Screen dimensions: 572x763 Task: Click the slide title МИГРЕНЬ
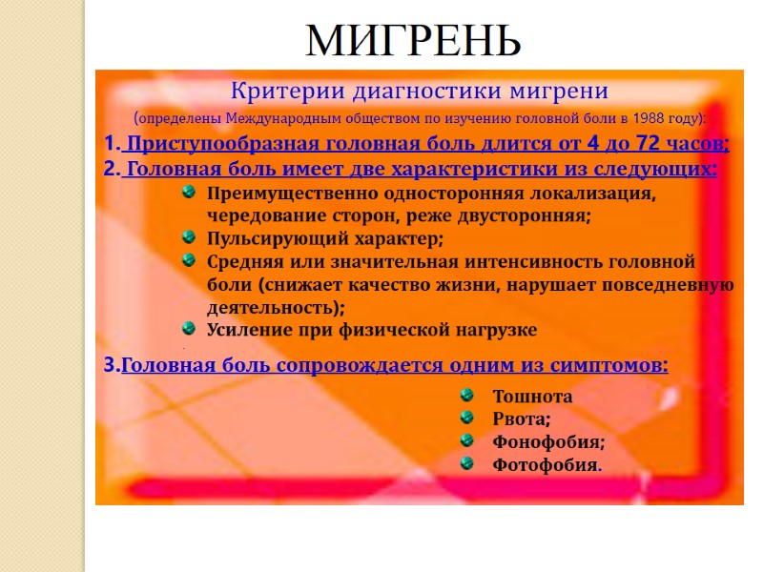[x=413, y=40]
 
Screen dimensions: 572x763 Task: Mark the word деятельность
[x=272, y=307]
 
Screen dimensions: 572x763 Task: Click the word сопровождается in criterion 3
[x=356, y=365]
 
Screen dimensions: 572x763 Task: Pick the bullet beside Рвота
[x=466, y=418]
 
